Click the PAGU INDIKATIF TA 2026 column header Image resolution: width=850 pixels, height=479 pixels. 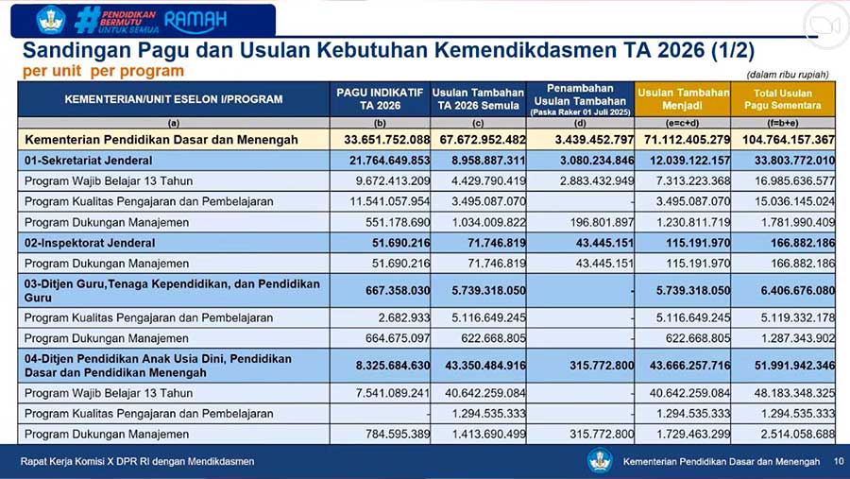(381, 98)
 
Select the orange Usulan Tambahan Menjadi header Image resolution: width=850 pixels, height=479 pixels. (683, 98)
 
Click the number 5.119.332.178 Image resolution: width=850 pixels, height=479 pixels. (790, 317)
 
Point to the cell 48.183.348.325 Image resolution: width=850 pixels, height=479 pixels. (790, 392)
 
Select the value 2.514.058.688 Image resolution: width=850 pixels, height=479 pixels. (790, 434)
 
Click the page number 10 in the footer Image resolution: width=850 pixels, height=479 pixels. (838, 461)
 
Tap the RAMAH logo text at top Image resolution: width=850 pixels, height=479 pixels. (196, 19)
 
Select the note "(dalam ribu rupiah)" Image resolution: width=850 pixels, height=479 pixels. (789, 74)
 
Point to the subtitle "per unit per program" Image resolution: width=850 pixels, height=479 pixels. (104, 71)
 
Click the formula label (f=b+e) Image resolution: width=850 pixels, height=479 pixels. (782, 123)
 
